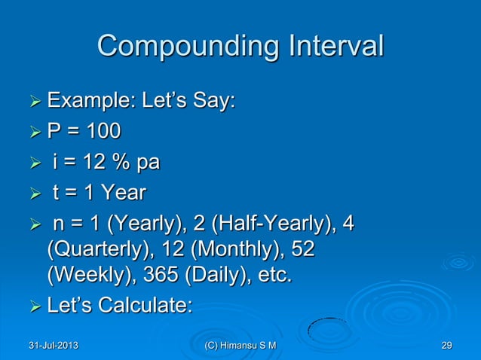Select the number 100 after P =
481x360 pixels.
101,132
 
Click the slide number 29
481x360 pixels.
446,346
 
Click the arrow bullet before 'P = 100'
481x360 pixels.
35,133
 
